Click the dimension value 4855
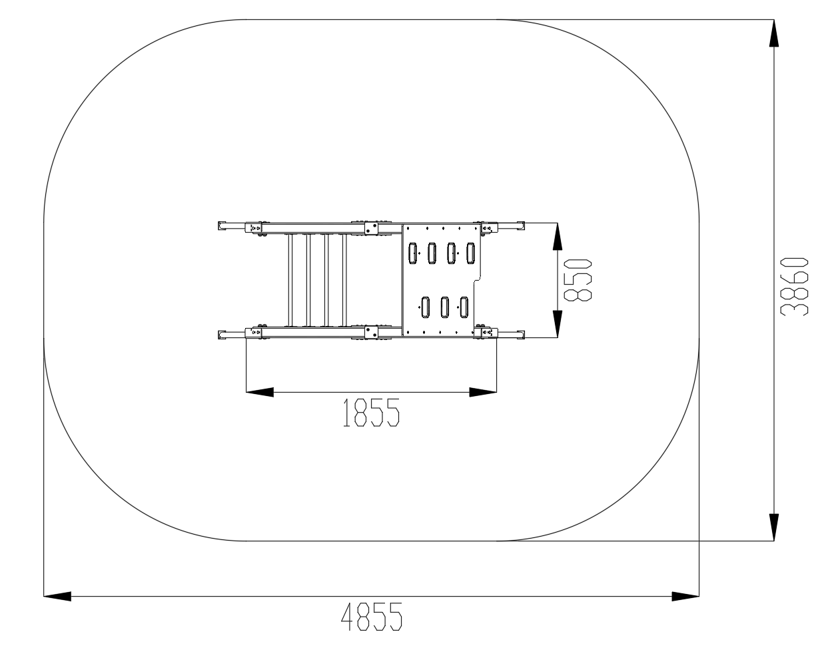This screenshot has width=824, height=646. click(372, 617)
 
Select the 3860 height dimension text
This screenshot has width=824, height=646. click(794, 287)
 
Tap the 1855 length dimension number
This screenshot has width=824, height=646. click(371, 413)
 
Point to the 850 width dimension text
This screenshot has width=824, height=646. click(578, 280)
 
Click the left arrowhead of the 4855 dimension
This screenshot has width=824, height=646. click(57, 596)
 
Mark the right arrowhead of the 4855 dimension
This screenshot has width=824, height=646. click(685, 596)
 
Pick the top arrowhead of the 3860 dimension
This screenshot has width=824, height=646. click(774, 33)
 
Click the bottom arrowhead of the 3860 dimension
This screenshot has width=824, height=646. click(774, 527)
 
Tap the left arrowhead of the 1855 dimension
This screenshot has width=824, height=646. click(260, 392)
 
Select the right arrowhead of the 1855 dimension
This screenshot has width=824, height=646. click(483, 392)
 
